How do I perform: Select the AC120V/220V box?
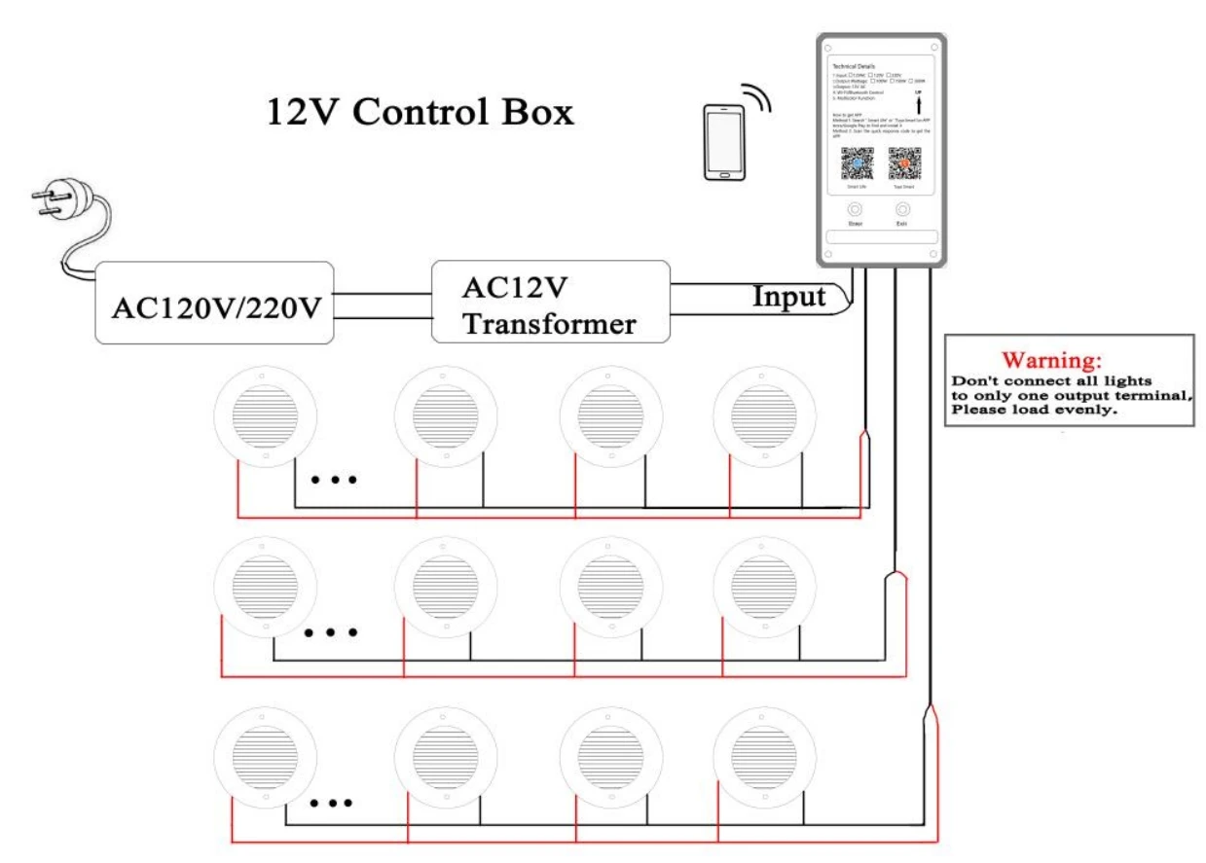[215, 303]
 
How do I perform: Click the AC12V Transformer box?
[550, 302]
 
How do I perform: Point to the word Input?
[788, 296]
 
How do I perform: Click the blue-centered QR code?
[857, 162]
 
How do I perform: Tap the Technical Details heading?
[849, 63]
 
